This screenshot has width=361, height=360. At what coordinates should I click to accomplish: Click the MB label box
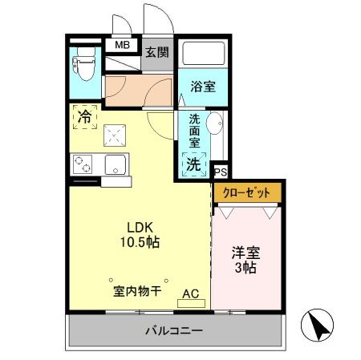point(123,46)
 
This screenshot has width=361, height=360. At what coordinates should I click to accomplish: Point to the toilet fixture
point(83,63)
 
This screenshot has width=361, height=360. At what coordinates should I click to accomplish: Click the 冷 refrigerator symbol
point(84,116)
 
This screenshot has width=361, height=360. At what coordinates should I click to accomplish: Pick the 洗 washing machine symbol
point(193,164)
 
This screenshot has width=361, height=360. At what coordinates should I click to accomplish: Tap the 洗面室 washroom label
point(194,131)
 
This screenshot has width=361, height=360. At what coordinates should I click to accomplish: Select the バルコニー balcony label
point(174,330)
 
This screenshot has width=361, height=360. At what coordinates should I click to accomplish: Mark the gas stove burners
point(84,164)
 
